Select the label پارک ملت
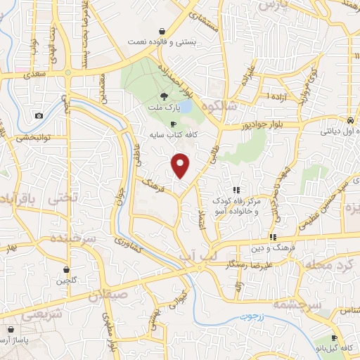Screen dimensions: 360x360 pos(164,109)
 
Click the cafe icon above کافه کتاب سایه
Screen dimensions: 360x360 pos(173,124)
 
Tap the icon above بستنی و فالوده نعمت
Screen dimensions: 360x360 pos(162,31)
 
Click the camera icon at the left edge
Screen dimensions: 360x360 pos(38,115)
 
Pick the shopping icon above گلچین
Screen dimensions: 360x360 pos(66,269)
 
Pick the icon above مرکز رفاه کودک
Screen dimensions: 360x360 pos(237,190)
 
